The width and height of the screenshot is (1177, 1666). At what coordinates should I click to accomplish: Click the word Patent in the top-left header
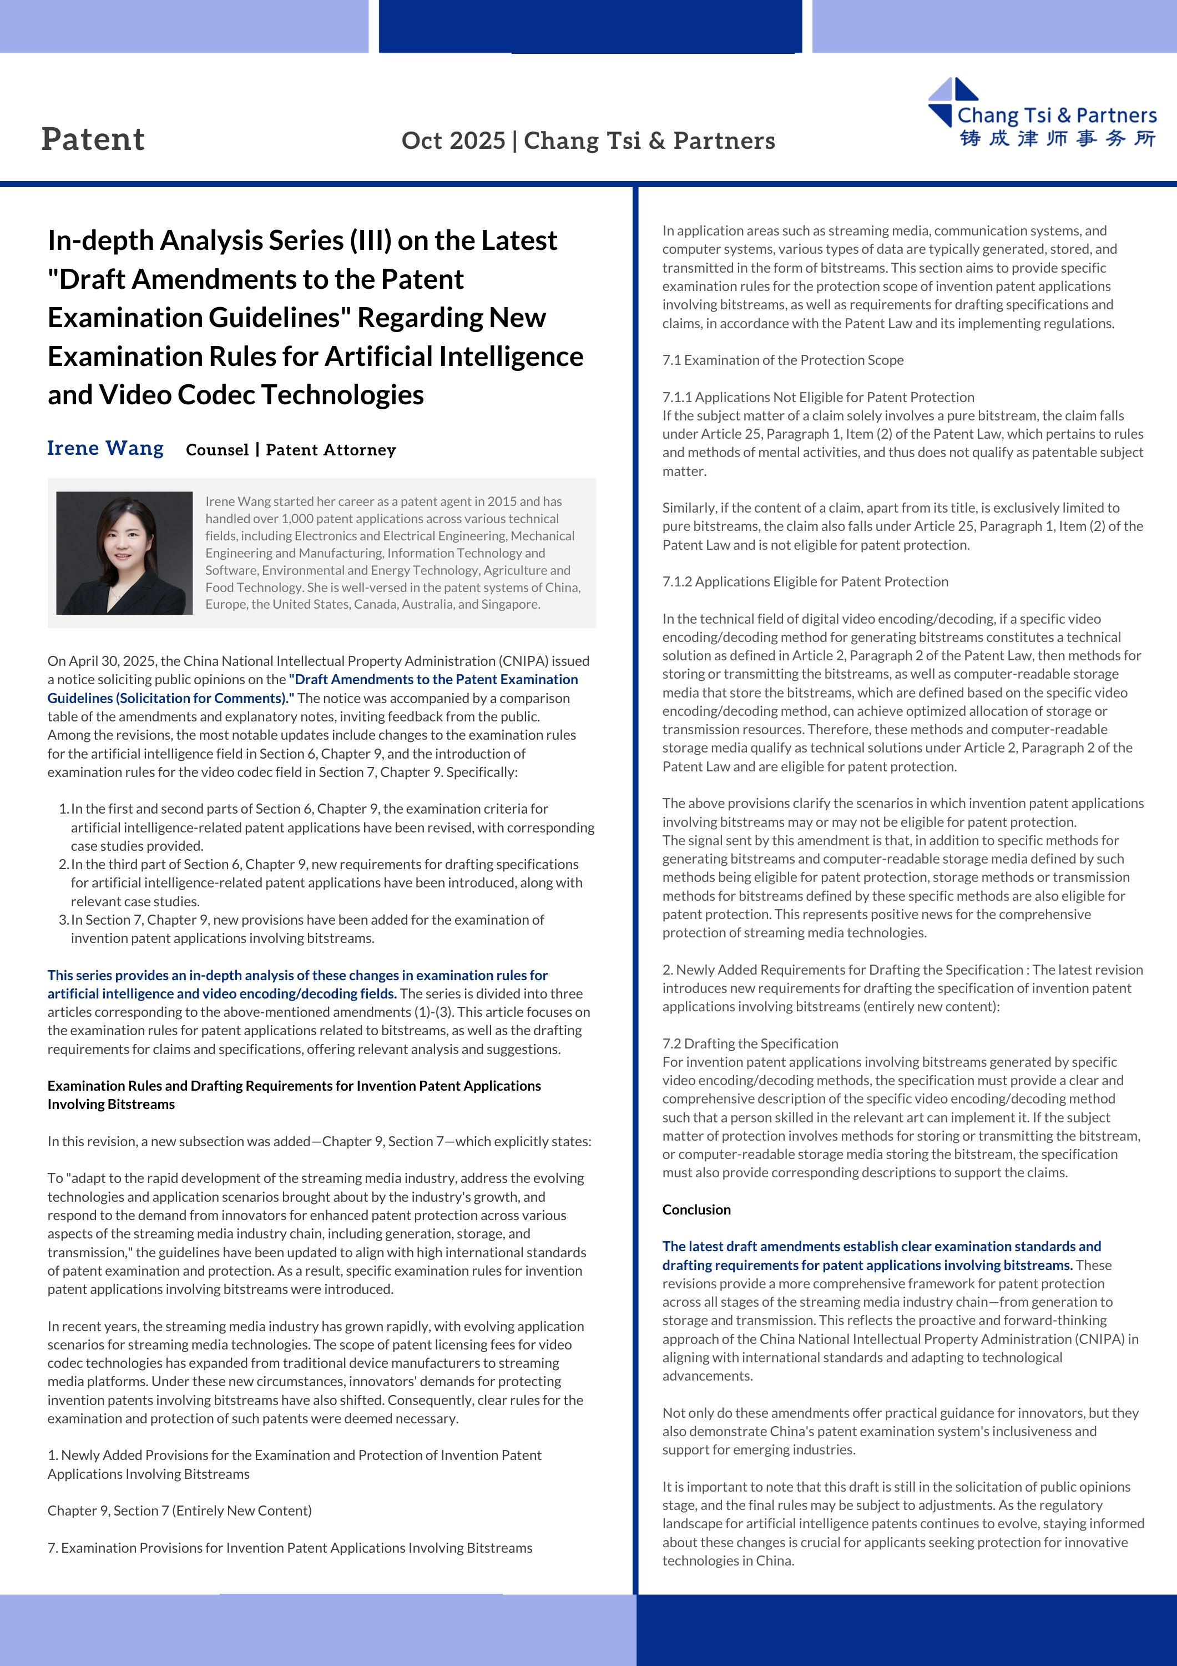[x=93, y=139]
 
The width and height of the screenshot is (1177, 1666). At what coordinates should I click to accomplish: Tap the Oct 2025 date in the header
[x=453, y=140]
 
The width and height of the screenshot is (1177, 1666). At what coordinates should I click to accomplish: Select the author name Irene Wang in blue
[x=105, y=448]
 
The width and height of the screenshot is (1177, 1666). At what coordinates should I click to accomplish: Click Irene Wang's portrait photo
[x=124, y=553]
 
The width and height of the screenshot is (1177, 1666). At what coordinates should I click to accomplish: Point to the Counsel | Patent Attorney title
[x=291, y=450]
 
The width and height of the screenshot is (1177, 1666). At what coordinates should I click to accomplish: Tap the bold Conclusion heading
[x=696, y=1210]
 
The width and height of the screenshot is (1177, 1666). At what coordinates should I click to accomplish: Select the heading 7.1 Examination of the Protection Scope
[x=782, y=360]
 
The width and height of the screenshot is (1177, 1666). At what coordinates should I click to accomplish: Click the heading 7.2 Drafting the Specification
[x=750, y=1043]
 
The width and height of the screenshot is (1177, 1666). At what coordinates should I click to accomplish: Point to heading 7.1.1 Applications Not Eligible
[x=818, y=397]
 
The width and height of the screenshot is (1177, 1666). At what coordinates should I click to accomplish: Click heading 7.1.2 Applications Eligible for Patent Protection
[x=805, y=581]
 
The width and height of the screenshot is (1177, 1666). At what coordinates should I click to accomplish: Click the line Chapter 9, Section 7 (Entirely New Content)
[x=179, y=1511]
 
